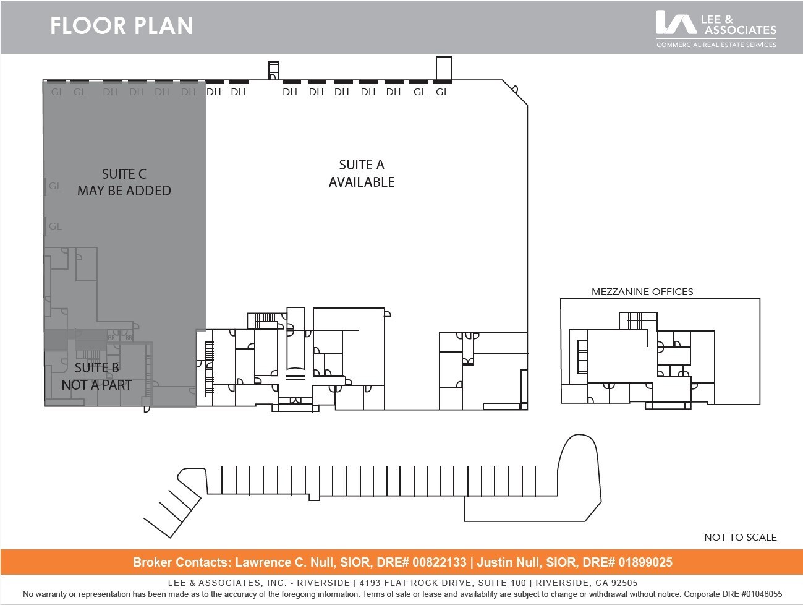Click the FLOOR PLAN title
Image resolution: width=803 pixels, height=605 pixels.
tap(121, 26)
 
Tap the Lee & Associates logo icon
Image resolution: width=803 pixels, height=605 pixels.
tap(675, 22)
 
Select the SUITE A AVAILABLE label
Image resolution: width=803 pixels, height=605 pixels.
tap(362, 173)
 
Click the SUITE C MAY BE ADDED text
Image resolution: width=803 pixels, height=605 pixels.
tap(124, 182)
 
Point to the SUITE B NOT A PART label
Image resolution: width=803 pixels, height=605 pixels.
tap(96, 376)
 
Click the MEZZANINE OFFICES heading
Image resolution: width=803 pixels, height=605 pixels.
tap(642, 291)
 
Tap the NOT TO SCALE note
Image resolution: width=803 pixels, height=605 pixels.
tap(740, 537)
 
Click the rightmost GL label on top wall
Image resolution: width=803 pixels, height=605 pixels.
tap(442, 92)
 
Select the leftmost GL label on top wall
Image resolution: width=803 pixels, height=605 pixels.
tap(57, 92)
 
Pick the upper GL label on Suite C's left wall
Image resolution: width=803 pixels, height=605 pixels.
tap(56, 186)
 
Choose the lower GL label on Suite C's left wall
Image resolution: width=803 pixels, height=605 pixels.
tap(56, 226)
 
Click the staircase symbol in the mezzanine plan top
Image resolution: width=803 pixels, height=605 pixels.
tap(637, 320)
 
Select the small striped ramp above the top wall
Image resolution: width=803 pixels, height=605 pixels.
tap(273, 69)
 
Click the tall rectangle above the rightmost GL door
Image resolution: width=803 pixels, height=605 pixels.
tap(443, 68)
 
